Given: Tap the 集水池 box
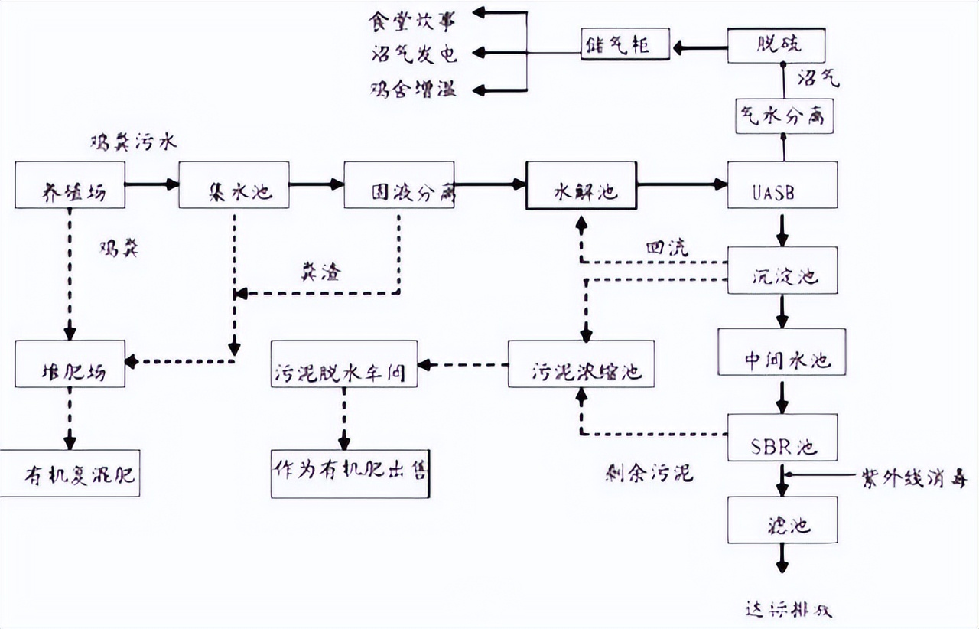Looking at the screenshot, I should (234, 185).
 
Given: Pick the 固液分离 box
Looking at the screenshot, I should (398, 185).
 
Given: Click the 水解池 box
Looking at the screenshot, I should (581, 185).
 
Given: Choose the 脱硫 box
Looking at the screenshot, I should (776, 47).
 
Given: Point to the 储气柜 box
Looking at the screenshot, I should (625, 47).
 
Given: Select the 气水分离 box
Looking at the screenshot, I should (782, 118).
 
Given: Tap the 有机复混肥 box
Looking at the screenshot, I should (70, 474).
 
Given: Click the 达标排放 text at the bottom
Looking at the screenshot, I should (787, 611).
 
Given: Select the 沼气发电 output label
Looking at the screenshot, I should (412, 54).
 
